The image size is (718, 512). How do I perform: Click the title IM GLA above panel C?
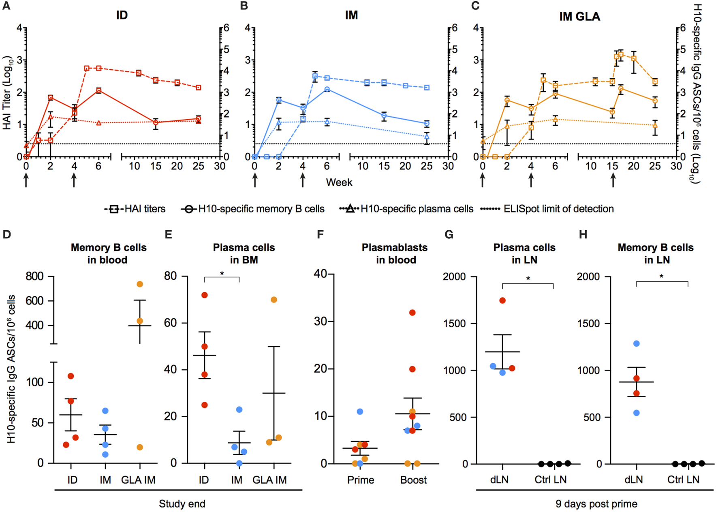[579, 16]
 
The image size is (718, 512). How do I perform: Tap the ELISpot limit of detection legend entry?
[547, 209]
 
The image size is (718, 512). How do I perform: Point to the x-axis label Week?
[339, 182]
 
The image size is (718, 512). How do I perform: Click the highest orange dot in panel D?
[140, 284]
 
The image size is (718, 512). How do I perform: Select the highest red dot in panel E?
[205, 295]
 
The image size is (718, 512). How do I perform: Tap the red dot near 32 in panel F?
[412, 313]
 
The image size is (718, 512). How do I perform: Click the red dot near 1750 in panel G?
[502, 300]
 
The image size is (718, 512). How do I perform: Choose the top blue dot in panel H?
[636, 344]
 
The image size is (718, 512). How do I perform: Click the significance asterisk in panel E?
[222, 274]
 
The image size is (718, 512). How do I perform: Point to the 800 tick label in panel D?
[35, 276]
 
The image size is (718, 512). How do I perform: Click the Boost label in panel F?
[413, 480]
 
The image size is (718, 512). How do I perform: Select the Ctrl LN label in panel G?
[550, 480]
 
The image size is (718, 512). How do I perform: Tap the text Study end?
[182, 504]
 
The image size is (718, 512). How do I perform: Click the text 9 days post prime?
[596, 504]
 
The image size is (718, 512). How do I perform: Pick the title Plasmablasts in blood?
[395, 253]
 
